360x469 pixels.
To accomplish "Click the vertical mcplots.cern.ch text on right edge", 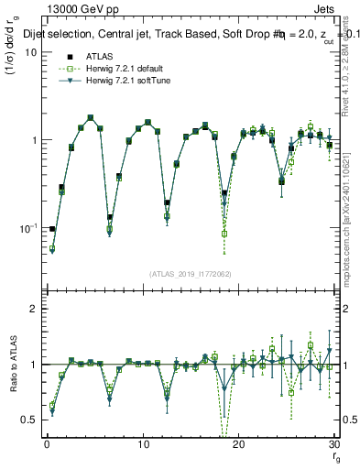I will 352,229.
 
